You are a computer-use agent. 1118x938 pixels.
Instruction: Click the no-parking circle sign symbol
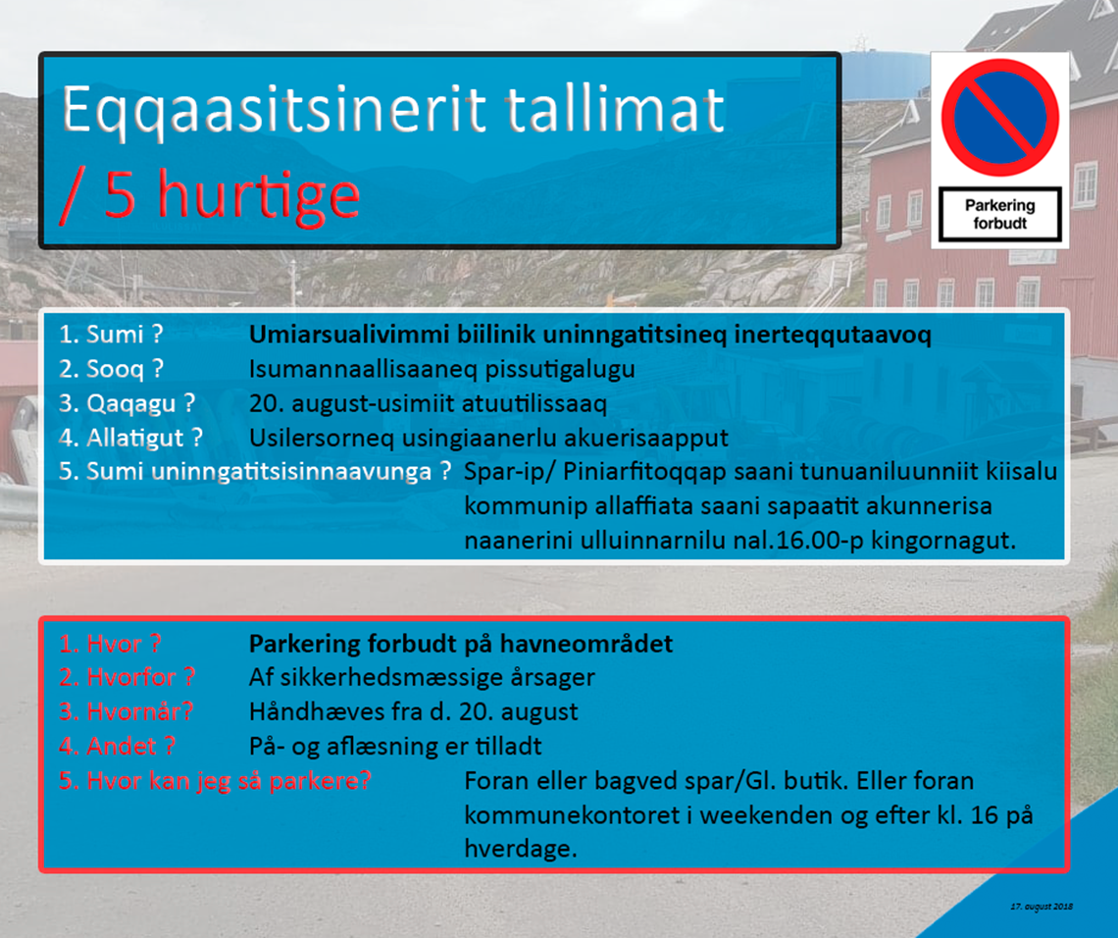(x=999, y=118)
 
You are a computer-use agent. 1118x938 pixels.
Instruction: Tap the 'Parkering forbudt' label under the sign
(x=999, y=214)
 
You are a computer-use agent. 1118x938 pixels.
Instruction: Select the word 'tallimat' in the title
(x=615, y=109)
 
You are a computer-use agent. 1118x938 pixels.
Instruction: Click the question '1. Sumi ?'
(x=111, y=334)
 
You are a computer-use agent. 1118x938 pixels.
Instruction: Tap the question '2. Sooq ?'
(x=111, y=369)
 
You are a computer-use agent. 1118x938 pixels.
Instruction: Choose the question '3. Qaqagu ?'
(x=127, y=403)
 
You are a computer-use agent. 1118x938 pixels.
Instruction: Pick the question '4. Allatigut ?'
(x=130, y=438)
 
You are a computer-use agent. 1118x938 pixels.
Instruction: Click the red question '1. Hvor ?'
(x=110, y=644)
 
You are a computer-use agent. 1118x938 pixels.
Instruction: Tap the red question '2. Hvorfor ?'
(x=127, y=678)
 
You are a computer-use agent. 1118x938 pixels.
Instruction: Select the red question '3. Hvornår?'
(x=126, y=712)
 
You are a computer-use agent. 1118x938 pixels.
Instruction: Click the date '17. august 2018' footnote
(x=1041, y=907)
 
